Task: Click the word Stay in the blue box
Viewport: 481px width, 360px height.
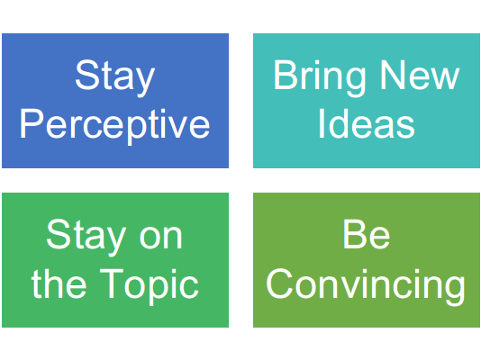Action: click(115, 77)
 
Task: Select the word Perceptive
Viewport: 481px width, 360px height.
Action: click(115, 126)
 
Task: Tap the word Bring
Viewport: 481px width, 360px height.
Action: click(320, 77)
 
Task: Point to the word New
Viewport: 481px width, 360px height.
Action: click(420, 75)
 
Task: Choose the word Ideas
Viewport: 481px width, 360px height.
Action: click(367, 123)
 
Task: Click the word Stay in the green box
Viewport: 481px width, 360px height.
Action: click(86, 237)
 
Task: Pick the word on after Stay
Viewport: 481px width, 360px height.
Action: click(161, 238)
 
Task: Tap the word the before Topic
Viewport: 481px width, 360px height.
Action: click(59, 283)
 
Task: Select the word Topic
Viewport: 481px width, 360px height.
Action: click(150, 286)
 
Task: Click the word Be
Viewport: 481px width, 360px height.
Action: click(367, 234)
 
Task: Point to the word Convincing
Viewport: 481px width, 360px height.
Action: click(366, 286)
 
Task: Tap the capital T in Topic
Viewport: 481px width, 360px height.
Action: click(112, 283)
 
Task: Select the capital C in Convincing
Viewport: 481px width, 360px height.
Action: click(279, 283)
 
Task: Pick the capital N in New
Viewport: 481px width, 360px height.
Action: click(393, 75)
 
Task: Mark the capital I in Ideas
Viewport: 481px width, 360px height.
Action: click(322, 123)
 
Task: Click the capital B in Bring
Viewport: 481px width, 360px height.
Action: click(286, 75)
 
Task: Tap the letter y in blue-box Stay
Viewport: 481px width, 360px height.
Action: click(144, 83)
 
